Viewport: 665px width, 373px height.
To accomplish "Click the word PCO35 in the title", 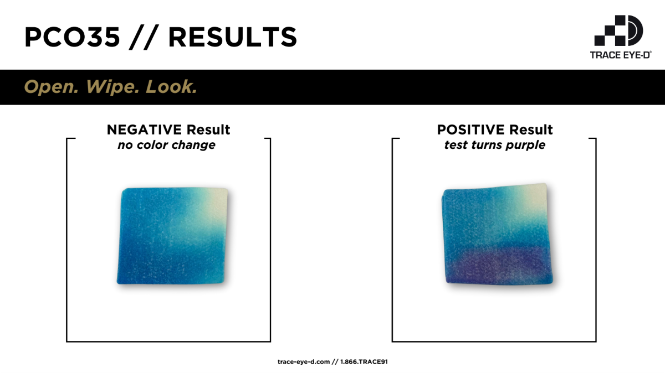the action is [x=72, y=37].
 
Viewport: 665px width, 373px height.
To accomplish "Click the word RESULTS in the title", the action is [x=232, y=37].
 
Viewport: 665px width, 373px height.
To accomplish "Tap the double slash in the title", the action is [x=144, y=38].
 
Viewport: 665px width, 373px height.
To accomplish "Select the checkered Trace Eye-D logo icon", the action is [x=618, y=30].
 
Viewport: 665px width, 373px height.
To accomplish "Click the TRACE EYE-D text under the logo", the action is [x=621, y=55].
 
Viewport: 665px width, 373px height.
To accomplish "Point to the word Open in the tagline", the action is [x=51, y=87].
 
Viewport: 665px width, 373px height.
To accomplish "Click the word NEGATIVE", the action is [x=144, y=130].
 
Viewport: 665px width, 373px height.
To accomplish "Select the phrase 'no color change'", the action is [x=167, y=145].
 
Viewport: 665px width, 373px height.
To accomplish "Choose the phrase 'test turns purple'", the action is [x=494, y=145].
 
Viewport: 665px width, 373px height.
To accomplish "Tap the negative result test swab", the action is [x=172, y=236].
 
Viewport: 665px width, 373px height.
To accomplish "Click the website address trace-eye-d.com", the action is [x=304, y=362].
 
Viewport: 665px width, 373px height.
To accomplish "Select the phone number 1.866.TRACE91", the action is [x=364, y=362].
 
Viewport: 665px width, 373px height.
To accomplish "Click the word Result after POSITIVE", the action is [x=531, y=130].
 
